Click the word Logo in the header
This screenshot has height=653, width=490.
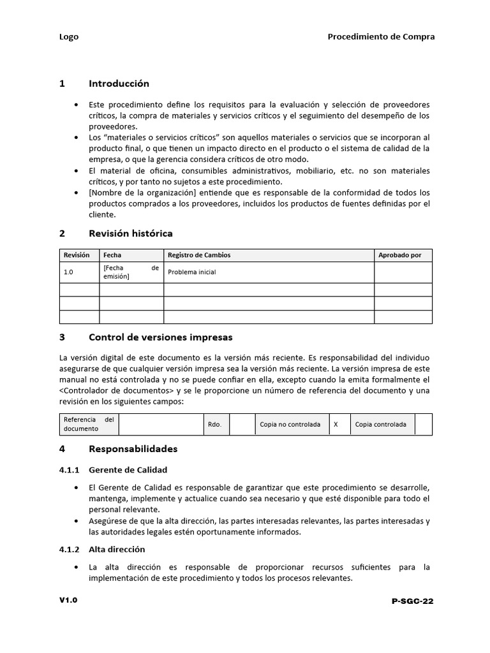(x=69, y=37)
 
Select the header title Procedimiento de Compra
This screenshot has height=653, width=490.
(x=381, y=37)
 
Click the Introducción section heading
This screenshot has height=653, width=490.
(x=119, y=84)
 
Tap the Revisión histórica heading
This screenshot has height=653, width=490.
(x=130, y=233)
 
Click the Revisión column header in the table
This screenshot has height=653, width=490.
(x=77, y=255)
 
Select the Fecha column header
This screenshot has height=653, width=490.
(x=112, y=255)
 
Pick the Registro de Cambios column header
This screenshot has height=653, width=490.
(x=199, y=255)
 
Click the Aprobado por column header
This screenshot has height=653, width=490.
(x=399, y=255)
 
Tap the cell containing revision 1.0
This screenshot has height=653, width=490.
(x=69, y=272)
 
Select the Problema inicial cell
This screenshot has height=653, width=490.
(x=191, y=272)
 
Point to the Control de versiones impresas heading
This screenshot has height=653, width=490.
(x=160, y=337)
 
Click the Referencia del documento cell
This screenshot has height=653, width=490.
(x=89, y=424)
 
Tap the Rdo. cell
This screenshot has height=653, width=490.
(x=214, y=425)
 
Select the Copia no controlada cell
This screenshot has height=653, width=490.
(x=290, y=425)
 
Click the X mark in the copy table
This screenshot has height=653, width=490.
(x=336, y=425)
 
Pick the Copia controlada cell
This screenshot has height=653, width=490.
(x=380, y=425)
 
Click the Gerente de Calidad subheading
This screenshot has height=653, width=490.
(x=128, y=470)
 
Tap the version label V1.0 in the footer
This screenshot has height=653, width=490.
(x=68, y=600)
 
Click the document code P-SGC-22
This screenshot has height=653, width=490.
(x=413, y=601)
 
